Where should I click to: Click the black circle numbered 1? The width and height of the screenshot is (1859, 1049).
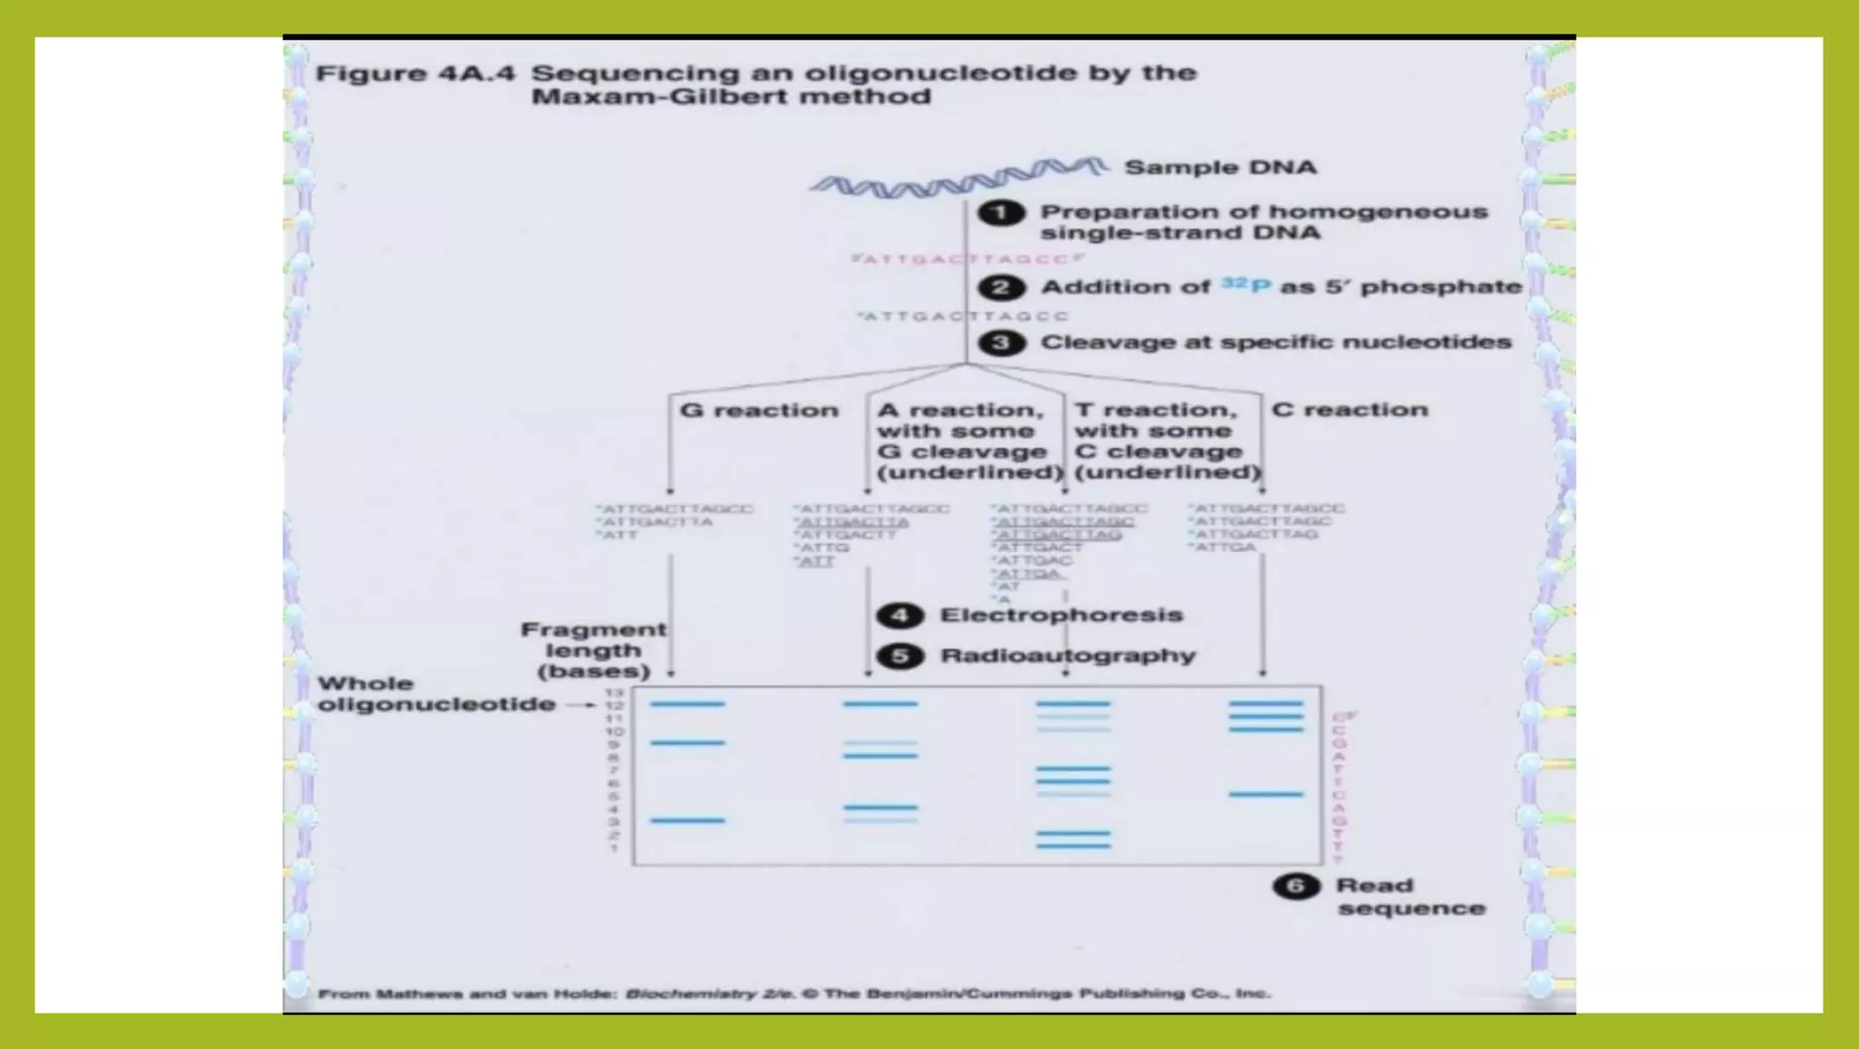(x=1000, y=213)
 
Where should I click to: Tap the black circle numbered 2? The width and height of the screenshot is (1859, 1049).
(x=1000, y=288)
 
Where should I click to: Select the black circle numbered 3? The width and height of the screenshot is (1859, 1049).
(x=1000, y=343)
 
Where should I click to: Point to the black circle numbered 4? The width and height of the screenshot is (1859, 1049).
(x=900, y=616)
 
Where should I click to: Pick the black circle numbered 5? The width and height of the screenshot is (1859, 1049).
(x=900, y=656)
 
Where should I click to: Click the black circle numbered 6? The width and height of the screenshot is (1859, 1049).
(x=1296, y=886)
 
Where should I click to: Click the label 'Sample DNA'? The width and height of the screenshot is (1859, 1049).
(x=1220, y=167)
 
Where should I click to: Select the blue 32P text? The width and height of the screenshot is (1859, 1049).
(x=1245, y=285)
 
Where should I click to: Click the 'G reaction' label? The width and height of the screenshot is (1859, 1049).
(x=759, y=411)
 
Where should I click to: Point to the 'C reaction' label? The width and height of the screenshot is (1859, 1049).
(x=1349, y=410)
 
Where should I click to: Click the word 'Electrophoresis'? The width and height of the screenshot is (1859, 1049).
(x=1061, y=616)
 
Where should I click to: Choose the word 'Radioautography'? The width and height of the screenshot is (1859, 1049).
(x=1067, y=656)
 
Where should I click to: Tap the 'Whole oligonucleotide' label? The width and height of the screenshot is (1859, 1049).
(x=435, y=694)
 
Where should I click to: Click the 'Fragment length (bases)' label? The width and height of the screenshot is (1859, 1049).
(x=594, y=650)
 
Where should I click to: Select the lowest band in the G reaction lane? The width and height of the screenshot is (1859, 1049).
(x=687, y=820)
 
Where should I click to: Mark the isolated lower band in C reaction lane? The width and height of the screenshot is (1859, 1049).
(x=1265, y=795)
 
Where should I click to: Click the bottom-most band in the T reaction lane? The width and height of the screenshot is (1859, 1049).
(x=1073, y=846)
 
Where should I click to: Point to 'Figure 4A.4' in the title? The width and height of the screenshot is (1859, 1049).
(x=415, y=74)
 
